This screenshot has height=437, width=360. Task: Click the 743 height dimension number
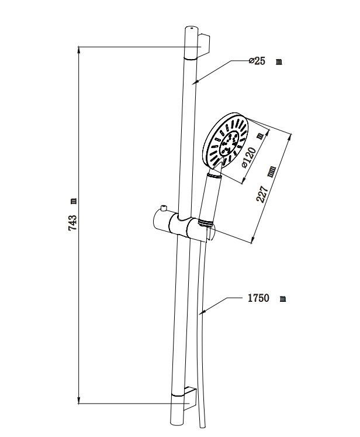(x=72, y=222)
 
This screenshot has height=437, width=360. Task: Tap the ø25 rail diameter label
(x=257, y=61)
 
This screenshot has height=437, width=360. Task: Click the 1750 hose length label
(x=259, y=298)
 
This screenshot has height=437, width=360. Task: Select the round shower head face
(x=226, y=141)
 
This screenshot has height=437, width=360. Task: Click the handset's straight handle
(x=210, y=197)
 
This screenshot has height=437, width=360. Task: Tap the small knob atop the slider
(x=163, y=209)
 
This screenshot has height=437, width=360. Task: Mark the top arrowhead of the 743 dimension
(x=79, y=50)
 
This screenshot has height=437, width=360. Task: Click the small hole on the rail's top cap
(x=191, y=28)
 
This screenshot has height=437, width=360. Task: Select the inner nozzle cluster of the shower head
(x=230, y=143)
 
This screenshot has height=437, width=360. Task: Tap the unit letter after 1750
(x=283, y=299)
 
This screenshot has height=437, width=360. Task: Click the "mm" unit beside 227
(x=271, y=171)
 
